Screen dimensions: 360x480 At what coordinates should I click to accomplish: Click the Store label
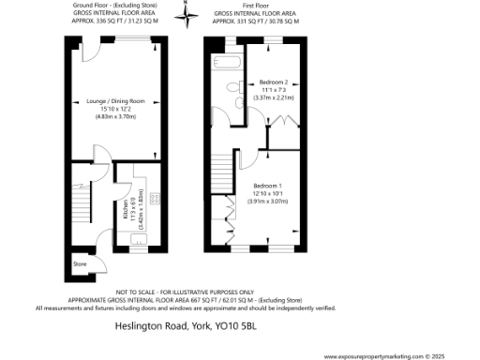pyautogui.click(x=80, y=264)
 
